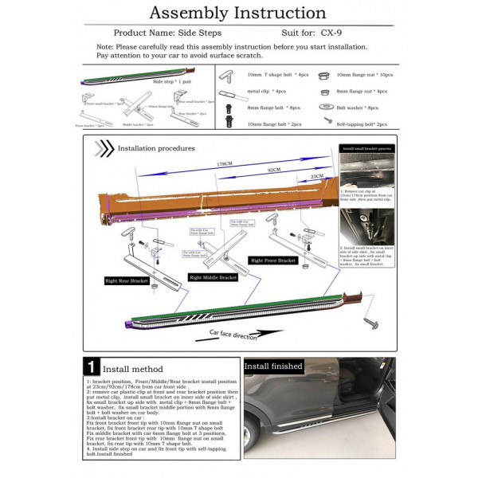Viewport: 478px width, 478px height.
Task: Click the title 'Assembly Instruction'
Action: (x=237, y=13)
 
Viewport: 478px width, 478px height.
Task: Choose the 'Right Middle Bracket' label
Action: (x=213, y=277)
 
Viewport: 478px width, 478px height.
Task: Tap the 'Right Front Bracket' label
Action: (x=273, y=261)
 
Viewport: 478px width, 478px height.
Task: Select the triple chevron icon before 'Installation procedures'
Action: (x=104, y=148)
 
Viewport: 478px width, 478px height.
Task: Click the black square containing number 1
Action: (x=92, y=368)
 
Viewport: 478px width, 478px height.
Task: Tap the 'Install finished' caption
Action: (x=273, y=366)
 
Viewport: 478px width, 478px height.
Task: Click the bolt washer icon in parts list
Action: (x=325, y=107)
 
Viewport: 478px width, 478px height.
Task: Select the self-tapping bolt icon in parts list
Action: (x=327, y=121)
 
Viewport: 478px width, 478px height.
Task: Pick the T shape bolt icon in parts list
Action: (x=227, y=76)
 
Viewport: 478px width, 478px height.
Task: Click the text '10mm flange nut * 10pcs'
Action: (x=364, y=75)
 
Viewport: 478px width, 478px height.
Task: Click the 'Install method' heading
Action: (x=135, y=369)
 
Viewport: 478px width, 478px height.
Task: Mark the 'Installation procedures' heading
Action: (x=155, y=148)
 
